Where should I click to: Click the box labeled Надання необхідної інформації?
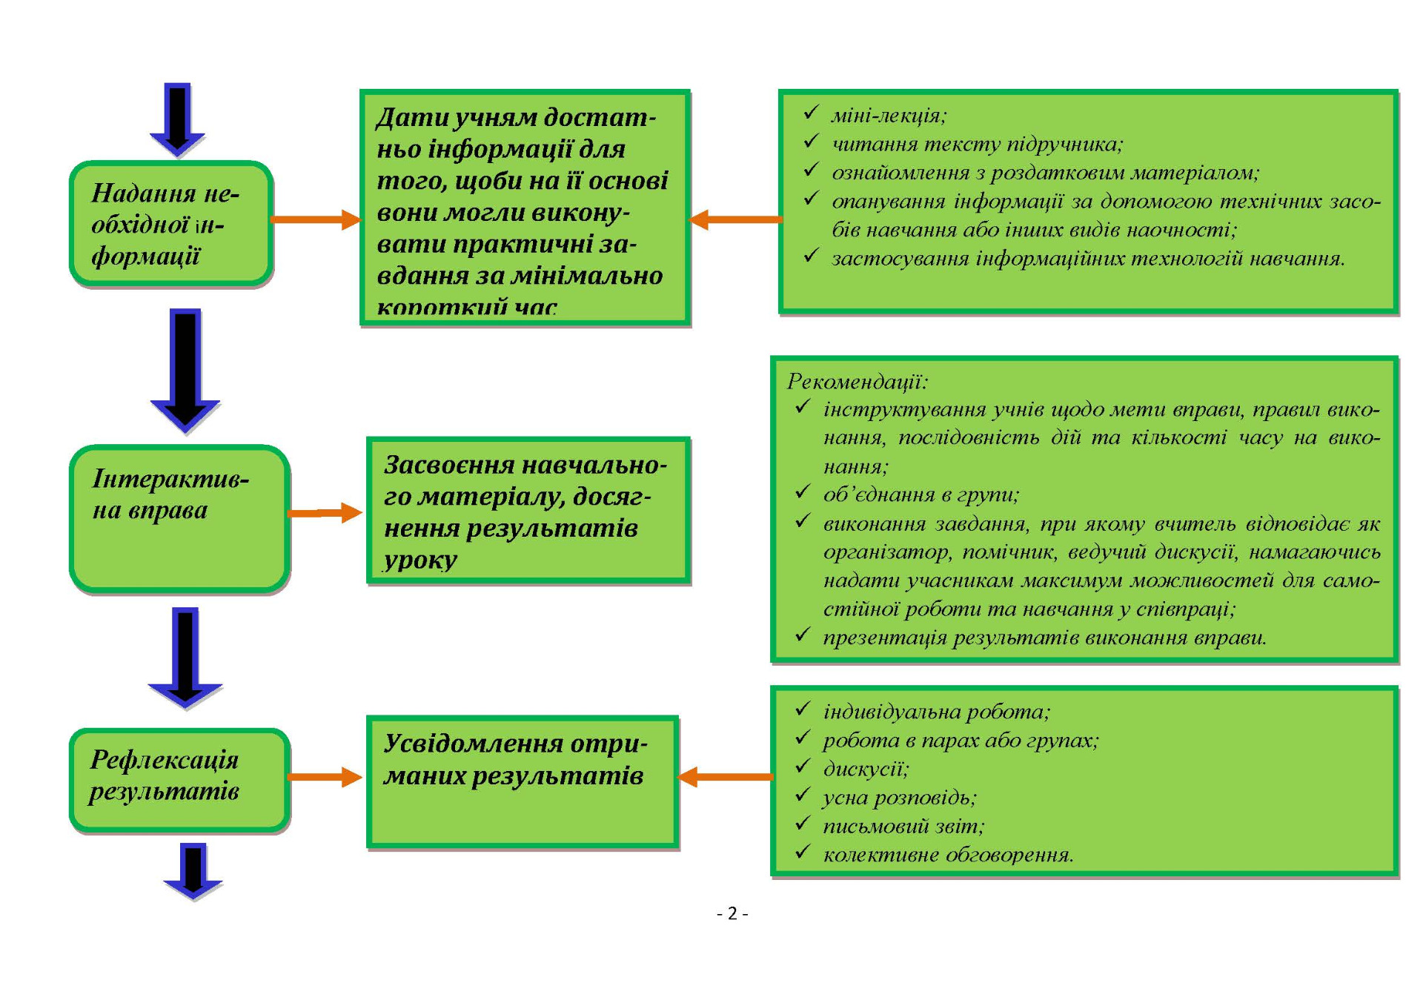[171, 223]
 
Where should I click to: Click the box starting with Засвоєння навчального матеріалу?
[528, 511]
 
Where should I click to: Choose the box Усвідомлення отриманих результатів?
[523, 781]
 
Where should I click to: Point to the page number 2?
[732, 913]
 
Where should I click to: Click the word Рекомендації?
[857, 382]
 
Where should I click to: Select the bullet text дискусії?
[866, 769]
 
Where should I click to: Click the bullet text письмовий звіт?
[903, 826]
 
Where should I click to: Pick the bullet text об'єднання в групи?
[921, 494]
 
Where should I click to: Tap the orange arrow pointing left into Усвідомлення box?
[725, 777]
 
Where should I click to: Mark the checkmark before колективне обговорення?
[803, 853]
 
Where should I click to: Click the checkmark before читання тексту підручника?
[812, 142]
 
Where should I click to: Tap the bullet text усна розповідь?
[900, 798]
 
